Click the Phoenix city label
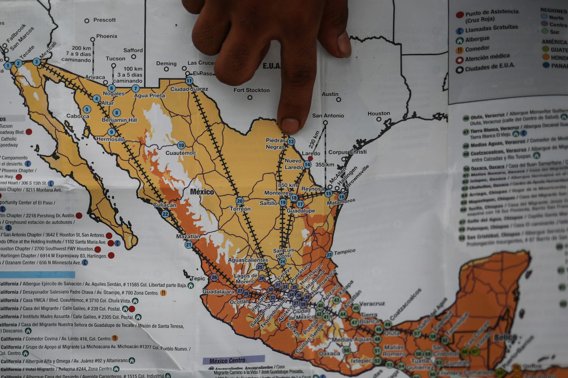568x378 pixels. point(106,36)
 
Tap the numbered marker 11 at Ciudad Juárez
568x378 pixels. point(189,81)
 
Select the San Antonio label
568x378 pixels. point(328,116)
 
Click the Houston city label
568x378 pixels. point(379,113)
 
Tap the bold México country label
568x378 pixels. point(202,192)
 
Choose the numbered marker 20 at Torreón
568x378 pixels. point(240,201)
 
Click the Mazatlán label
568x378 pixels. point(188,236)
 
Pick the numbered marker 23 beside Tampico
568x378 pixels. point(329,254)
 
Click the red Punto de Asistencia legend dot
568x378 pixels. point(459,15)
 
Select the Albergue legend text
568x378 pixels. point(477,39)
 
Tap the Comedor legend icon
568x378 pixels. point(459,50)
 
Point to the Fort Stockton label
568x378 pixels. point(251,90)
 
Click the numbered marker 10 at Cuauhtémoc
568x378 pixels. point(181,145)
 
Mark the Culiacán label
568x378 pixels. point(164,205)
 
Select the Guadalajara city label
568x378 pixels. point(218,292)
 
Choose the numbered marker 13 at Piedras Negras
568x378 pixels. point(291,141)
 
